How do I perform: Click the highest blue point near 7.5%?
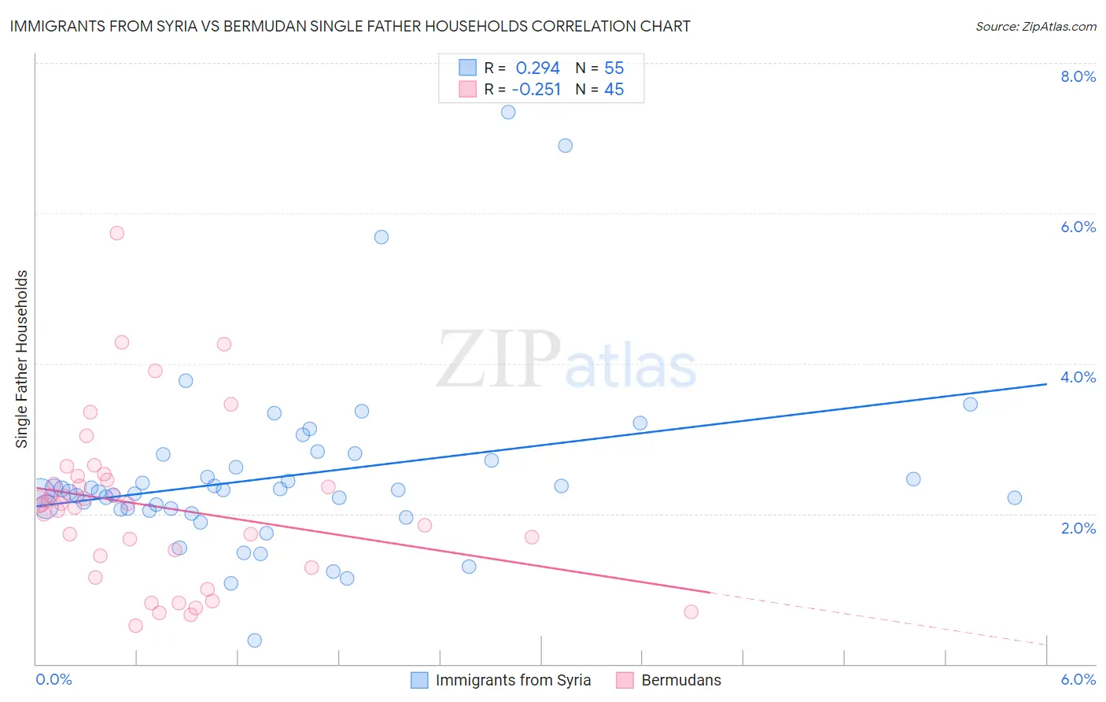pos(508,113)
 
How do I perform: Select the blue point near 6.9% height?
pos(565,146)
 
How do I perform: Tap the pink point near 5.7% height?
pos(117,233)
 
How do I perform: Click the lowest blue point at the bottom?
pos(254,641)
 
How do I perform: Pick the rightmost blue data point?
pos(1015,497)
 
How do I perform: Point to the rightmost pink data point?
pos(691,611)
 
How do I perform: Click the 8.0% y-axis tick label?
pos(1078,76)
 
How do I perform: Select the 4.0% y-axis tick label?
pos(1078,377)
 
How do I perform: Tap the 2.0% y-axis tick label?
pos(1078,528)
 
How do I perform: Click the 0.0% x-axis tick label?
pos(53,679)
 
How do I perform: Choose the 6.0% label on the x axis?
pos(1078,679)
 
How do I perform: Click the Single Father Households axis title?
pos(22,359)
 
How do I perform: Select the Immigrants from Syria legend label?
pos(513,680)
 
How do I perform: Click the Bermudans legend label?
pos(681,680)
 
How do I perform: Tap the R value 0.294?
pos(537,68)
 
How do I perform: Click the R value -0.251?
pos(536,90)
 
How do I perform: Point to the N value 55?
pos(614,68)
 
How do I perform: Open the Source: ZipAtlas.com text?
pos(1035,27)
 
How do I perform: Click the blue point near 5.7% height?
pos(382,237)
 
